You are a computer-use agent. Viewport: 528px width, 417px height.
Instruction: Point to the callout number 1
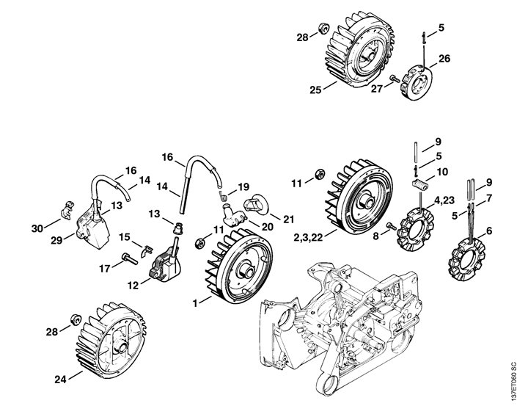(x=195, y=302)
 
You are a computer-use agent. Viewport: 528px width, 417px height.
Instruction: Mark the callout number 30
(x=36, y=229)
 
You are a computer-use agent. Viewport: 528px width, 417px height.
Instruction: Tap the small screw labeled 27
(x=395, y=78)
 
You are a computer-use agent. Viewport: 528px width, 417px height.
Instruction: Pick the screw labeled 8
(x=392, y=227)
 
